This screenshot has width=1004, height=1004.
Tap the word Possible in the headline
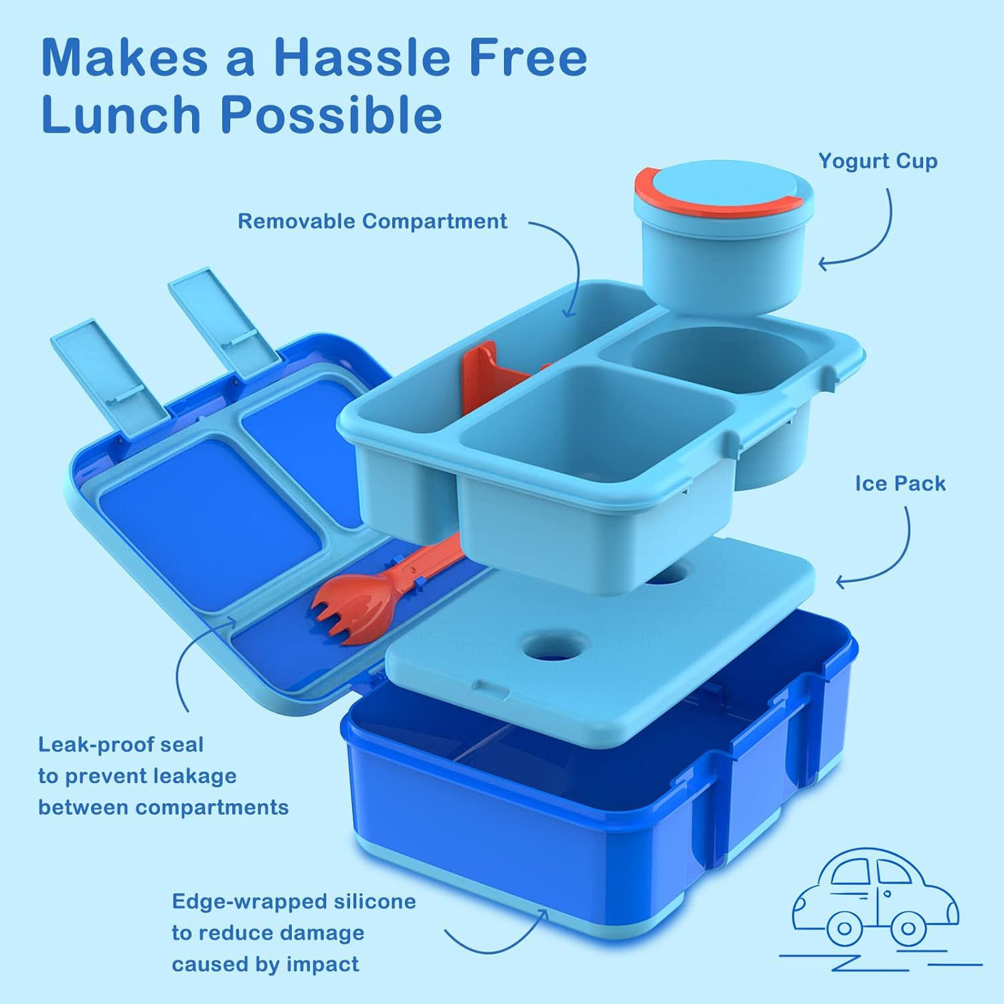click(x=331, y=114)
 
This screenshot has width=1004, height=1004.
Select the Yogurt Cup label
click(x=877, y=162)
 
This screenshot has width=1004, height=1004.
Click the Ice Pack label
click(x=900, y=483)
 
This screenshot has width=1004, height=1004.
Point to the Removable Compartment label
click(x=373, y=222)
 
